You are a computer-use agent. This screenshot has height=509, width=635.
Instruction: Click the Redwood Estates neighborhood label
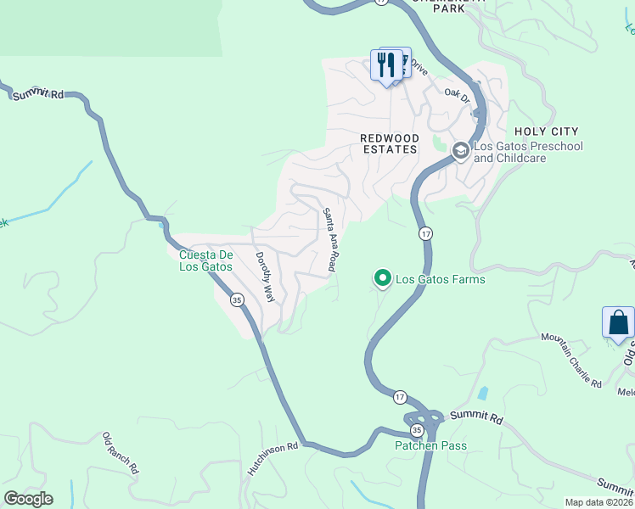point(389,143)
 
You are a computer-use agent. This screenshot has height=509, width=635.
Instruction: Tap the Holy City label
point(547,131)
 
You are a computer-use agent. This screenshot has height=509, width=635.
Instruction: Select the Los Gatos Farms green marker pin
point(382,278)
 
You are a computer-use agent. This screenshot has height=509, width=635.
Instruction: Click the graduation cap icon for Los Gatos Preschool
point(460,151)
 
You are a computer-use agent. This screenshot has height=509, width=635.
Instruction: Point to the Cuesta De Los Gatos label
point(205,260)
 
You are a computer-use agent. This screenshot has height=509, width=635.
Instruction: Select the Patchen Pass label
point(431,445)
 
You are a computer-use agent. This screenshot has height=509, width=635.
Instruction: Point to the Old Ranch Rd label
point(120,453)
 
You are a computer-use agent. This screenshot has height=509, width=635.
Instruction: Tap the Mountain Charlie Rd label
point(570,361)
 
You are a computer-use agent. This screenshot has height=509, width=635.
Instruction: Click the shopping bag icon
point(618,323)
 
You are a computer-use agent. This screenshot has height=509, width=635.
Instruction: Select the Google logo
point(28,499)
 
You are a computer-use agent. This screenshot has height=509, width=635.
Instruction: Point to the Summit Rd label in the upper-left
point(38,94)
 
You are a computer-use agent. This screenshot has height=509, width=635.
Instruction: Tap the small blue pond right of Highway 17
point(483,394)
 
